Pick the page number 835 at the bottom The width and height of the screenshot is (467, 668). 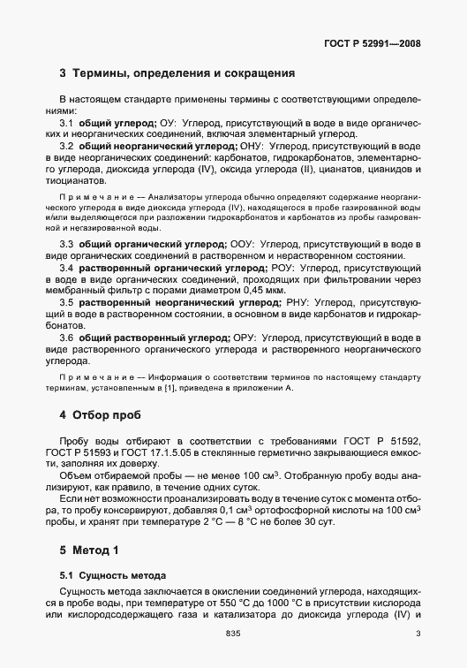(x=233, y=634)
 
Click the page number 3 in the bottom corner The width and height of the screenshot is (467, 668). (x=418, y=634)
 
